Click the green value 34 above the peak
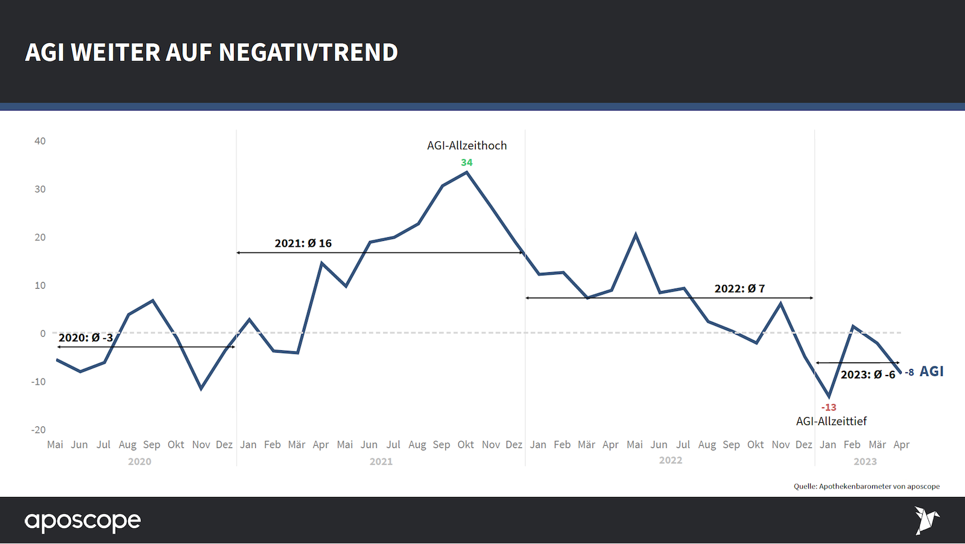point(466,162)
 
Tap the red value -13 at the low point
point(829,408)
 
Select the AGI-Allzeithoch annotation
point(467,146)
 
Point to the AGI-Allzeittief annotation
point(831,421)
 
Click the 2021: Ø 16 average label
point(303,243)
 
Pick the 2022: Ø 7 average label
point(739,289)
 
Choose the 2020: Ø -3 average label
point(86,338)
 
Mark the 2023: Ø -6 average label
point(868,375)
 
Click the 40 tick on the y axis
point(40,141)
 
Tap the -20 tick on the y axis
point(39,430)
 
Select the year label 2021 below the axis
point(381,461)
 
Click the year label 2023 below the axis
point(865,461)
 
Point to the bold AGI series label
point(931,371)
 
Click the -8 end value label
point(909,373)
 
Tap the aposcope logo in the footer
point(83,521)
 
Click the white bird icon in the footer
point(926,520)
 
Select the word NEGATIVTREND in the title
point(308,53)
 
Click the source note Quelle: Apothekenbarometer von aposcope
point(866,486)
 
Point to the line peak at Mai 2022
point(636,234)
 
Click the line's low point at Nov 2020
point(201,389)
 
